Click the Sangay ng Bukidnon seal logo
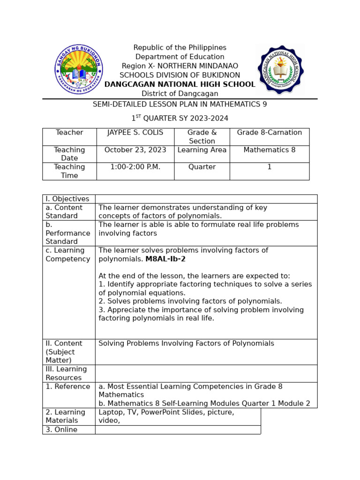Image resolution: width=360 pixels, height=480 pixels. (x=79, y=69)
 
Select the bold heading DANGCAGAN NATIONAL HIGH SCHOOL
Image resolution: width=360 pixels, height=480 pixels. (x=180, y=84)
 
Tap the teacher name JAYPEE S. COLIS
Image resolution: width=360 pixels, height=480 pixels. (x=135, y=133)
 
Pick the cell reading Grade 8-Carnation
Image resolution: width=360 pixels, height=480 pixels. (x=269, y=133)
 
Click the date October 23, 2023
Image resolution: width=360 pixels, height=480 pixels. (x=135, y=150)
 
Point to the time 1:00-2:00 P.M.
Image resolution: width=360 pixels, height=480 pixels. (x=135, y=167)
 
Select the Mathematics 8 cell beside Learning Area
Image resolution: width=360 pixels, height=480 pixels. (x=269, y=150)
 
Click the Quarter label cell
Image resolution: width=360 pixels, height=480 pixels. (x=202, y=167)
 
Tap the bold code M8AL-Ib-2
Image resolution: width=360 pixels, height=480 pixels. (x=165, y=259)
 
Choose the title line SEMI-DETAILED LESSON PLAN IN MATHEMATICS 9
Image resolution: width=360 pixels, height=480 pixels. (x=180, y=104)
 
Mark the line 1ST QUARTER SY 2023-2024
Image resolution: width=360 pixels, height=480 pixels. (x=180, y=118)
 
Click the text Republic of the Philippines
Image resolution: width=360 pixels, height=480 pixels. (x=180, y=48)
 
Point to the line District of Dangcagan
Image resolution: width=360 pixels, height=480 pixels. (x=180, y=94)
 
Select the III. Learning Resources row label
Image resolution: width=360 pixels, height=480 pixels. (x=66, y=374)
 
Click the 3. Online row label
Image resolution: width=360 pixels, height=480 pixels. (x=61, y=429)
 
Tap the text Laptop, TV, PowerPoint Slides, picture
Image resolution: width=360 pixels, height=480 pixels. (x=166, y=412)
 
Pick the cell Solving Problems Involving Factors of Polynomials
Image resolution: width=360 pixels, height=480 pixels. (x=186, y=344)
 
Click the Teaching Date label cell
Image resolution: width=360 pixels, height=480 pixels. (x=69, y=154)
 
